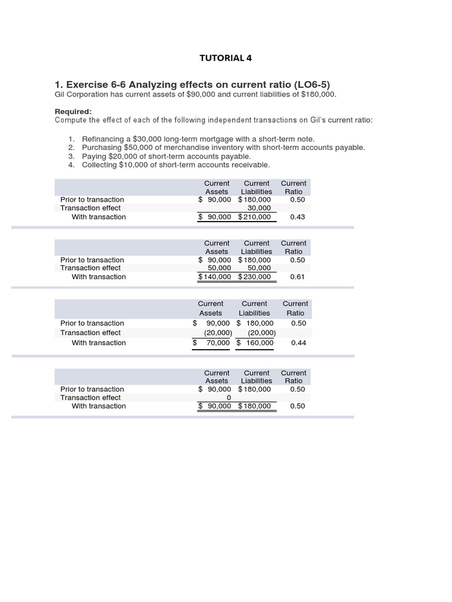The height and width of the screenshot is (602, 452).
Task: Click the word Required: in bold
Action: tap(73, 112)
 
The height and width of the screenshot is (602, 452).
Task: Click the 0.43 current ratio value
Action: tap(298, 217)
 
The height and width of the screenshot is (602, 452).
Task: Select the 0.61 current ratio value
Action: tap(298, 277)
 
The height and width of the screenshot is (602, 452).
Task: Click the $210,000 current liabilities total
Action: tap(255, 217)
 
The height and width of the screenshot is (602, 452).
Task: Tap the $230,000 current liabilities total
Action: tap(255, 277)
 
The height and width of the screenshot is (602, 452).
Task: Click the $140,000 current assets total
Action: tap(215, 277)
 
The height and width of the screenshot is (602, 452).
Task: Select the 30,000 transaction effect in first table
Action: tap(259, 208)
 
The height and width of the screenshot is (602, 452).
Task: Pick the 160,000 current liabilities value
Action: tap(260, 343)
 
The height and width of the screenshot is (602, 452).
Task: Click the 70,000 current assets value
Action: tap(218, 343)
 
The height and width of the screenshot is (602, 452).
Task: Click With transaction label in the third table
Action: tap(99, 343)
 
